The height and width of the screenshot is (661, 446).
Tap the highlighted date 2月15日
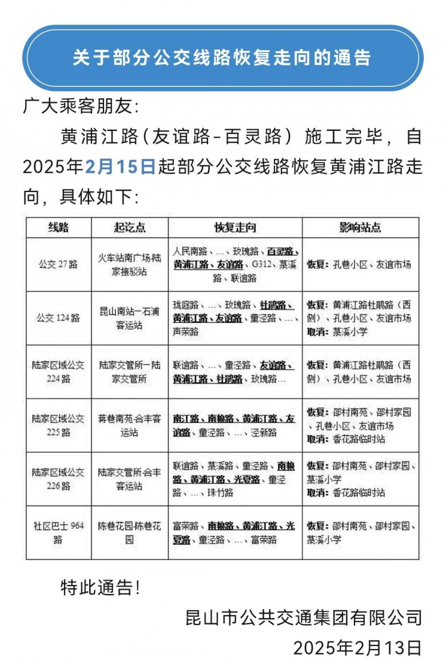click(120, 167)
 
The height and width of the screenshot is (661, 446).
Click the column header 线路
click(58, 227)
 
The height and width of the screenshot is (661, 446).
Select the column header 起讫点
click(130, 227)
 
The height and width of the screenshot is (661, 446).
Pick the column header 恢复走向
click(235, 227)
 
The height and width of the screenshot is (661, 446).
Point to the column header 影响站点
click(360, 227)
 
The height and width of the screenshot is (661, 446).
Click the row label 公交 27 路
click(58, 265)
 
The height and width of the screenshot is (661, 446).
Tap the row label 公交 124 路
click(58, 318)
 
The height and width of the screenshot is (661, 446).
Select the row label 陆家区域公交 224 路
click(58, 371)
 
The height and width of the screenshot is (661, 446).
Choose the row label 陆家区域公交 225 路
click(58, 425)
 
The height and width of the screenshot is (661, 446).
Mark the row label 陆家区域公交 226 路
click(58, 479)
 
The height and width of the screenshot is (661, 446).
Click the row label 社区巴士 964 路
click(58, 532)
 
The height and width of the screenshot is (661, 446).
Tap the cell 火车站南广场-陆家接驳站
click(130, 265)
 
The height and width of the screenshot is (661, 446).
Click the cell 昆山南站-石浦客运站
click(130, 318)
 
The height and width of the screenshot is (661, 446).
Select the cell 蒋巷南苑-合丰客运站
click(130, 425)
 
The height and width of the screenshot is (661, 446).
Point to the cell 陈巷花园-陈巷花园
click(130, 532)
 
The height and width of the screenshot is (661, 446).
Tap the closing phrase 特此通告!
click(100, 588)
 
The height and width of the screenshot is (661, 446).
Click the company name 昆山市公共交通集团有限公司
click(304, 618)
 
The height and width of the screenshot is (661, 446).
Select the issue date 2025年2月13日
click(357, 647)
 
